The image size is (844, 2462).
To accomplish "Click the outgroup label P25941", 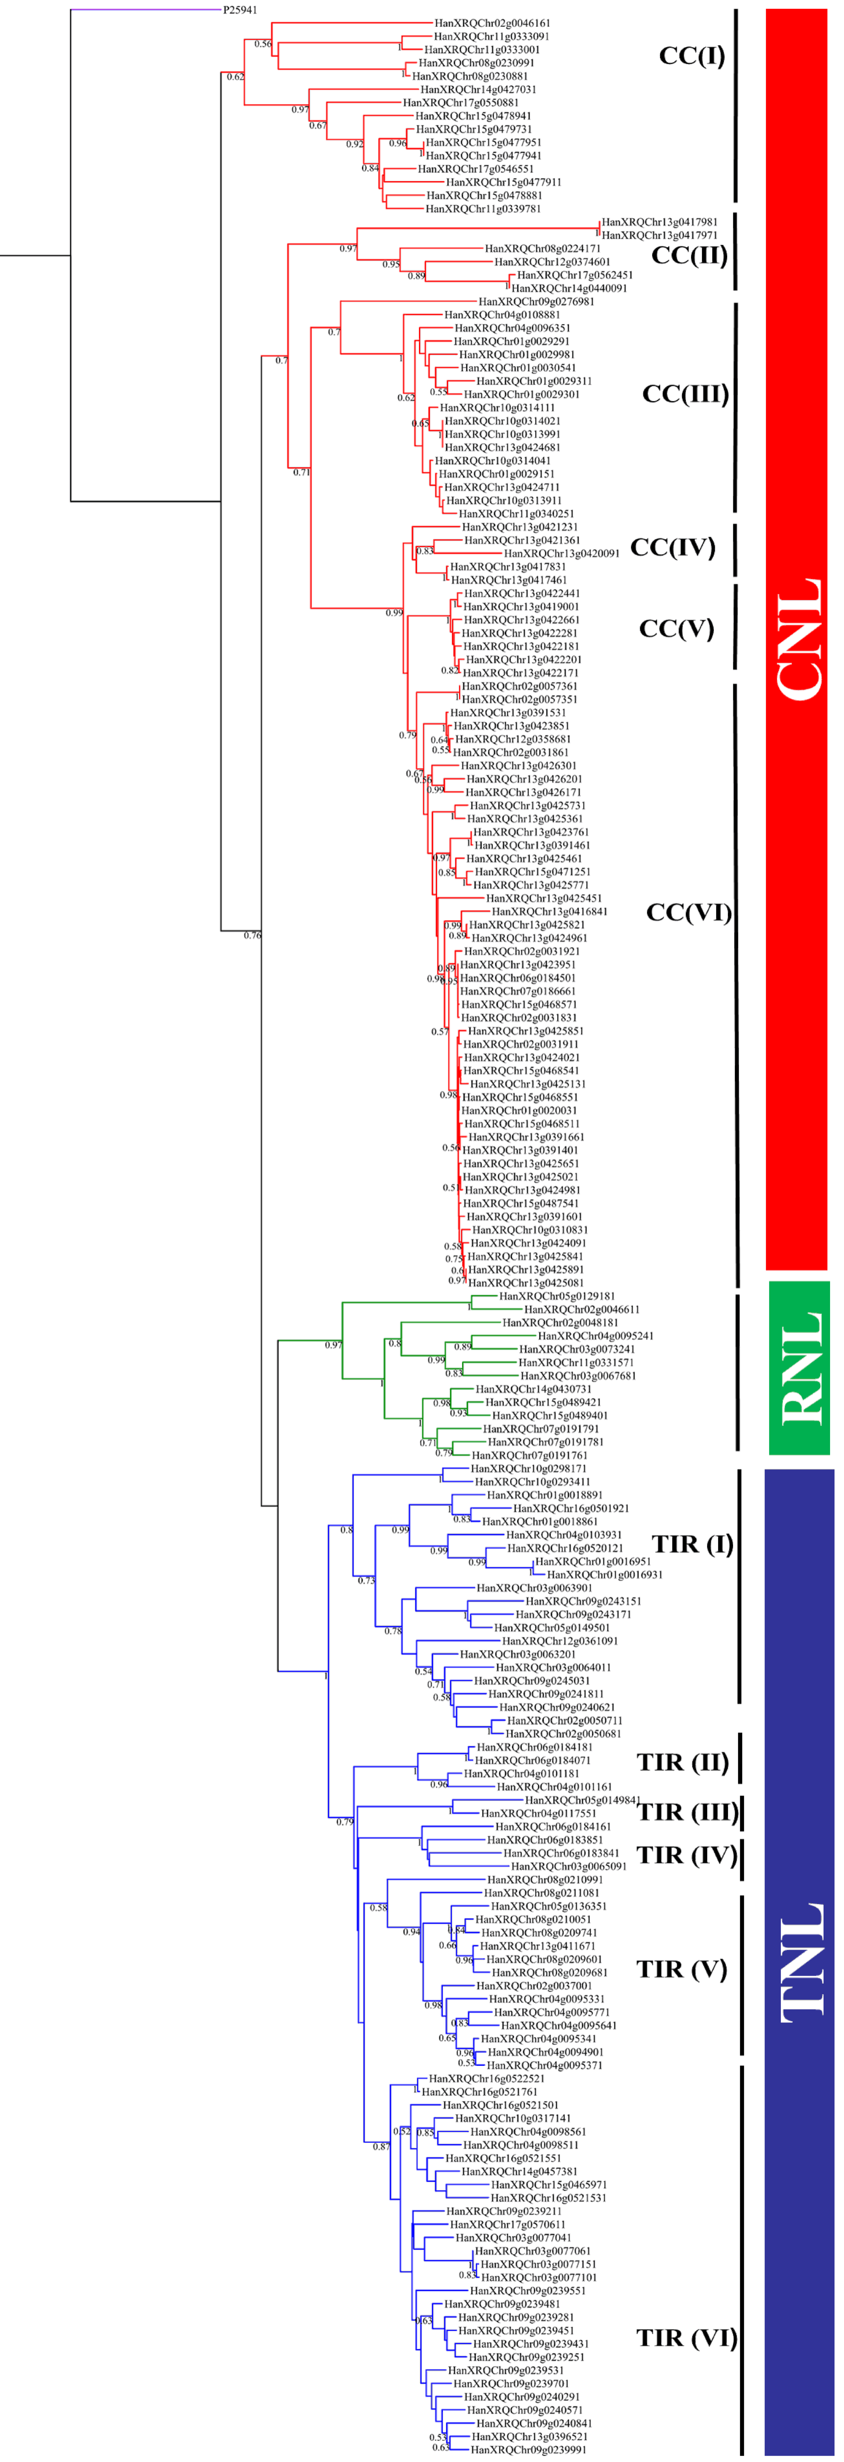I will pos(240,10).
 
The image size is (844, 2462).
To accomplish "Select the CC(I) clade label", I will pos(692,55).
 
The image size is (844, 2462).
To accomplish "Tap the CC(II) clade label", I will pos(689,255).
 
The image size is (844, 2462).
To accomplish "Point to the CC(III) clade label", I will pos(685,394).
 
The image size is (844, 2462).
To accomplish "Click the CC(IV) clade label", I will pos(673,547).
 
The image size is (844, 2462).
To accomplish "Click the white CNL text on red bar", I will pos(798,638).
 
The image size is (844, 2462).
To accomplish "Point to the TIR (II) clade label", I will pos(682,1761).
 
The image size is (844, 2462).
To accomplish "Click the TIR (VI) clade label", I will pos(686,2338).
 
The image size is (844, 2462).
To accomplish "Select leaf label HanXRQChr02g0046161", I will pos(492,23).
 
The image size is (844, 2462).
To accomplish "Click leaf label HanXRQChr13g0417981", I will pos(659,222).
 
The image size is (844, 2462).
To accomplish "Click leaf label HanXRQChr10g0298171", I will pos(529,1468).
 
